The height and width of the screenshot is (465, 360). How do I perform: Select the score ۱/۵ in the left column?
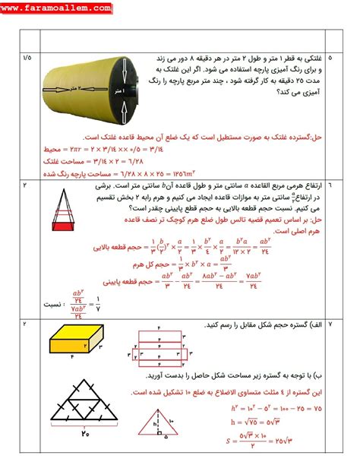[27, 57]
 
